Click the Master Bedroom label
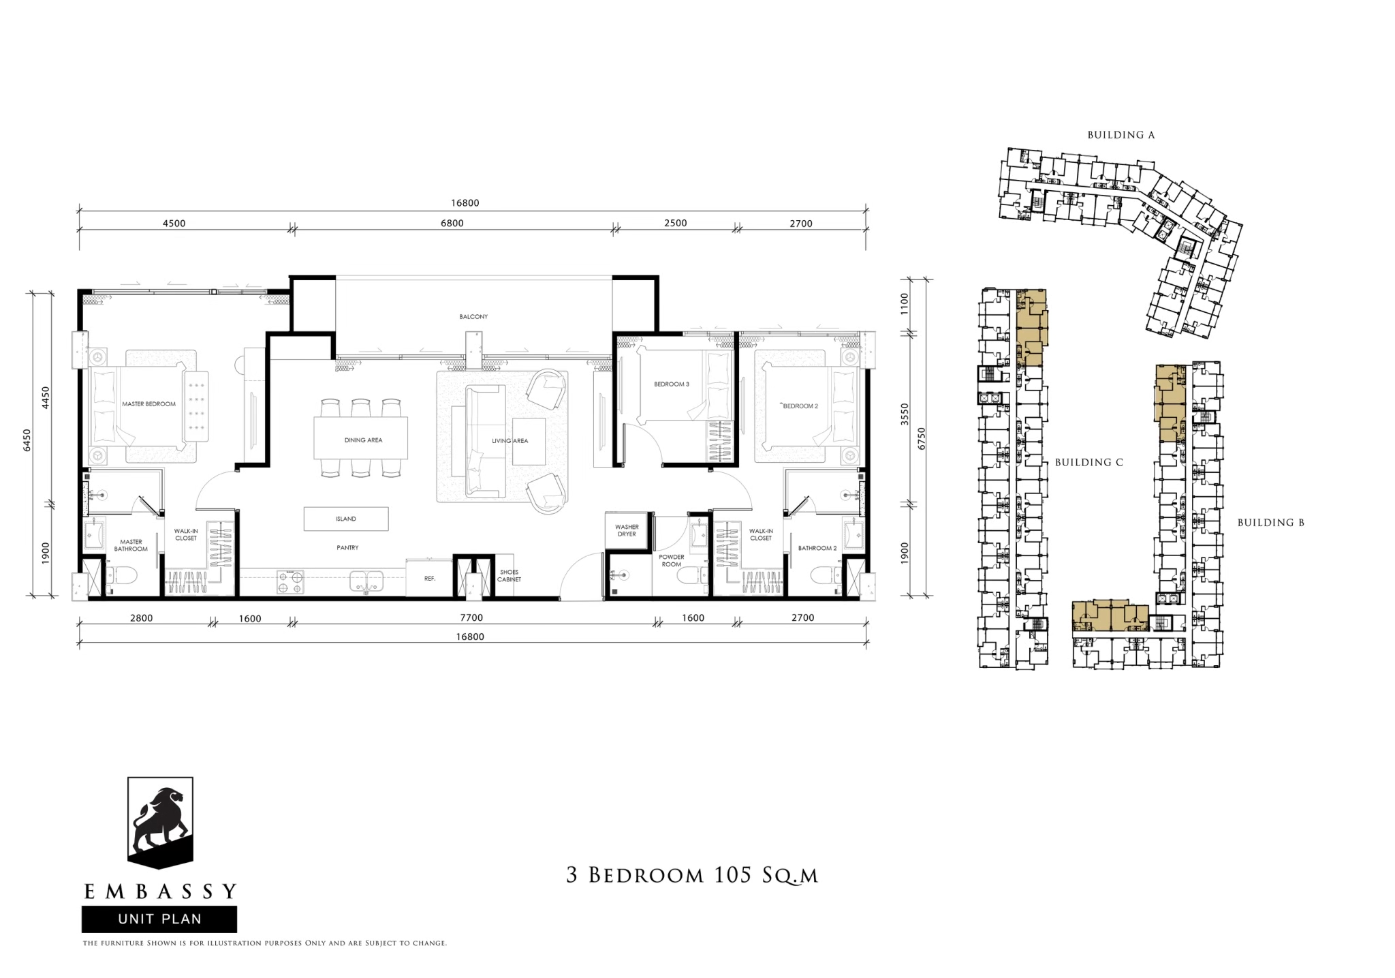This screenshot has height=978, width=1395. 148,404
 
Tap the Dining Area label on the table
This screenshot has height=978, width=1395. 363,440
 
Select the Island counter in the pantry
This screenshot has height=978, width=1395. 346,519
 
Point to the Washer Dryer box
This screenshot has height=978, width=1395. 627,530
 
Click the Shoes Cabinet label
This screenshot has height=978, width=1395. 509,576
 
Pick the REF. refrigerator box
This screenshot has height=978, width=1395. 430,578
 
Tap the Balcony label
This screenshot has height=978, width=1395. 473,317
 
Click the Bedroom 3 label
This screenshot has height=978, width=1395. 672,384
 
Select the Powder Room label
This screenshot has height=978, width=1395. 672,560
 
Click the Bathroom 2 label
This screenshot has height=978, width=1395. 817,548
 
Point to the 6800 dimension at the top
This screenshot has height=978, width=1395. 452,223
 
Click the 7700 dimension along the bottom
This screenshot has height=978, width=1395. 471,618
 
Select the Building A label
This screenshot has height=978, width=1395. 1121,135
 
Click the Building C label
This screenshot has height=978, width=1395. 1089,462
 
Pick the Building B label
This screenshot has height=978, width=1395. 1271,523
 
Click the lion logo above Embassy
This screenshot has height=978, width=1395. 161,823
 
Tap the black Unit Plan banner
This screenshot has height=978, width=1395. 159,919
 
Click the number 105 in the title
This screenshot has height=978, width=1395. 731,874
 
